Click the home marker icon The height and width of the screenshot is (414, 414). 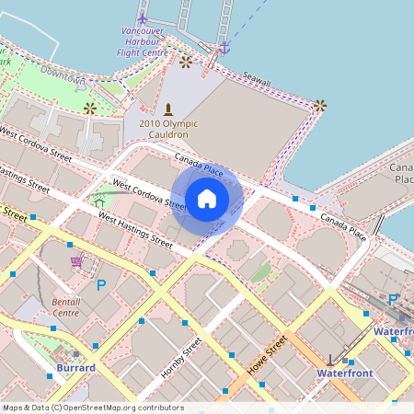pyautogui.click(x=207, y=199)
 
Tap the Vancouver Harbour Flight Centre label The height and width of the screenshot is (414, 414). pyautogui.click(x=143, y=42)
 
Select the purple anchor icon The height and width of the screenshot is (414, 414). pyautogui.click(x=224, y=47)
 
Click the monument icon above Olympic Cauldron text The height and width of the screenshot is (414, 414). pyautogui.click(x=167, y=109)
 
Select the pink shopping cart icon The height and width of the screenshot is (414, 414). pyautogui.click(x=77, y=263)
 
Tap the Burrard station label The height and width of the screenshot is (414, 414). pyautogui.click(x=76, y=368)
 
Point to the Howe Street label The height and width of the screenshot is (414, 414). pyautogui.click(x=268, y=354)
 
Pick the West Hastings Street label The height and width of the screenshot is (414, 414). pyautogui.click(x=135, y=232)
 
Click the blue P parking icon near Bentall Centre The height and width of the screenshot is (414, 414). pyautogui.click(x=101, y=284)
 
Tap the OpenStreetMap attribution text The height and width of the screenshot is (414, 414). pyautogui.click(x=94, y=407)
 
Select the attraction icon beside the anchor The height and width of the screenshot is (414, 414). pyautogui.click(x=187, y=62)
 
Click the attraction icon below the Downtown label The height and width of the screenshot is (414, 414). pyautogui.click(x=90, y=109)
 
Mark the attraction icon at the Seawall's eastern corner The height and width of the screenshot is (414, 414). pyautogui.click(x=319, y=106)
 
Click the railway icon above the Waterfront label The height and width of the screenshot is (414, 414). pyautogui.click(x=329, y=359)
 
